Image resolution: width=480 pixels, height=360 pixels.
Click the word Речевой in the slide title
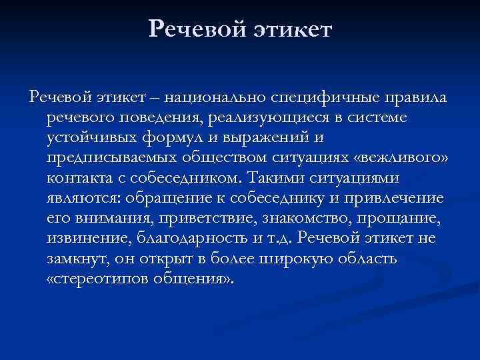(193, 29)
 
